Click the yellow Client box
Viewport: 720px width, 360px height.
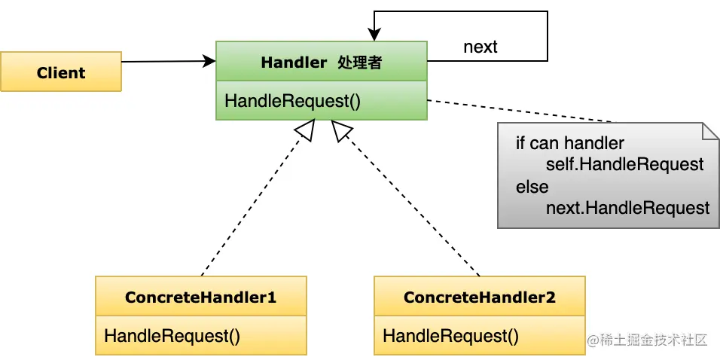pos(60,72)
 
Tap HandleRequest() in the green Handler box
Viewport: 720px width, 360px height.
pos(292,101)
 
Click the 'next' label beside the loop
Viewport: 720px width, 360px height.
pos(480,47)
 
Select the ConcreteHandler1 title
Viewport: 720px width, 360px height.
pos(200,297)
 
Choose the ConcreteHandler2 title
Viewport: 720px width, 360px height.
pos(479,297)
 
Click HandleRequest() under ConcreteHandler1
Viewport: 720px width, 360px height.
pos(172,336)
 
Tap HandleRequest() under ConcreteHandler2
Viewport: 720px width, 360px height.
pos(450,336)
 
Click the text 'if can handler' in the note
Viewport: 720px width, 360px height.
pos(569,143)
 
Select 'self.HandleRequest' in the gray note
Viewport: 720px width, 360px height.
pos(624,164)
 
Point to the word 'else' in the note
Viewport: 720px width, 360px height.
pos(532,186)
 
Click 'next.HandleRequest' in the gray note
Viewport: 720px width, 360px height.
pos(627,208)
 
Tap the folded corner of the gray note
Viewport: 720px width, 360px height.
pos(711,131)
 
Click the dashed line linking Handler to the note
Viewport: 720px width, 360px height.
pos(520,110)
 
